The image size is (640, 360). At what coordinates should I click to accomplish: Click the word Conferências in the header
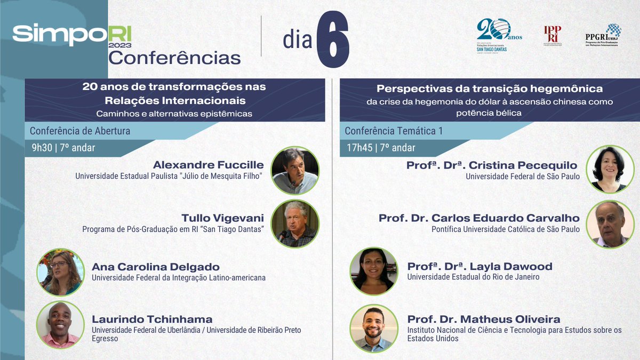coord(174,57)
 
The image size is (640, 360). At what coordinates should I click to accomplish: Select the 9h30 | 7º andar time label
coord(63,148)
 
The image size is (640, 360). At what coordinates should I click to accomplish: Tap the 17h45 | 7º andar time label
coord(380,148)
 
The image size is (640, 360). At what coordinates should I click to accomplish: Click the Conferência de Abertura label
coord(80,131)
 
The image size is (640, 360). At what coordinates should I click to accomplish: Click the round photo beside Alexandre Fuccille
coord(295,170)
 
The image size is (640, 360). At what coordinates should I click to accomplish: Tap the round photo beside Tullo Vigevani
coord(295,223)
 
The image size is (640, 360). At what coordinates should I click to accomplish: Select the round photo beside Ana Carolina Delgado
coord(60,272)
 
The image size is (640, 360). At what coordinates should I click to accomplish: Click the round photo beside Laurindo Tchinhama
coord(60,325)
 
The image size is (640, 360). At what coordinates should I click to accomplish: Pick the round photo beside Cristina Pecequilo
coord(610,170)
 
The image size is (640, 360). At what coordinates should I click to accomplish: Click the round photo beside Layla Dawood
coord(373,271)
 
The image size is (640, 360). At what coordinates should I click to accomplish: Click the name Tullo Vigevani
coord(222,218)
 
